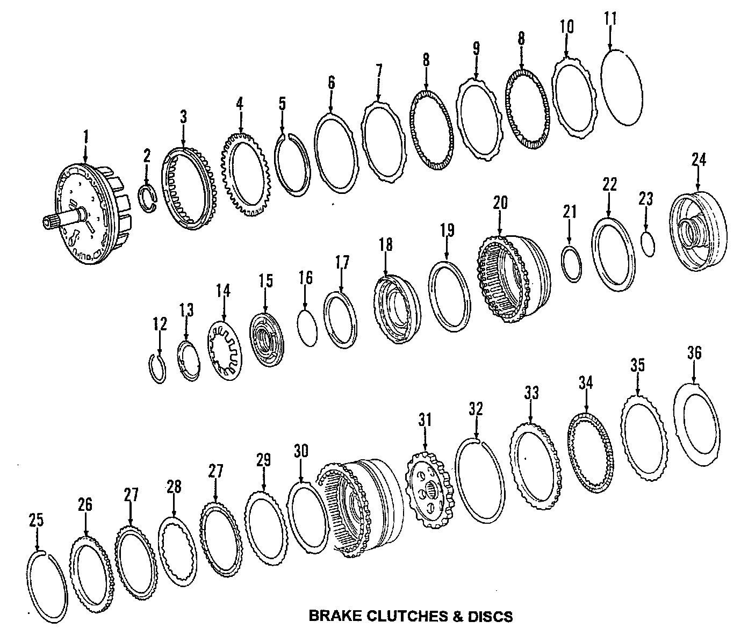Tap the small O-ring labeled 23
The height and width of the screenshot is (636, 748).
tap(649, 244)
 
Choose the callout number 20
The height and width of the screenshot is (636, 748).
tap(500, 203)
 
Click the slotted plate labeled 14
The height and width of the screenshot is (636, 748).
tap(226, 350)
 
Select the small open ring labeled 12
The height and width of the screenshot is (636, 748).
tap(158, 368)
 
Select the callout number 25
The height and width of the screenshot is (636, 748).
tap(37, 520)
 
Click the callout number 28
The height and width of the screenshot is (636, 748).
tap(174, 487)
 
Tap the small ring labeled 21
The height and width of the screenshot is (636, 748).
tap(571, 263)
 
